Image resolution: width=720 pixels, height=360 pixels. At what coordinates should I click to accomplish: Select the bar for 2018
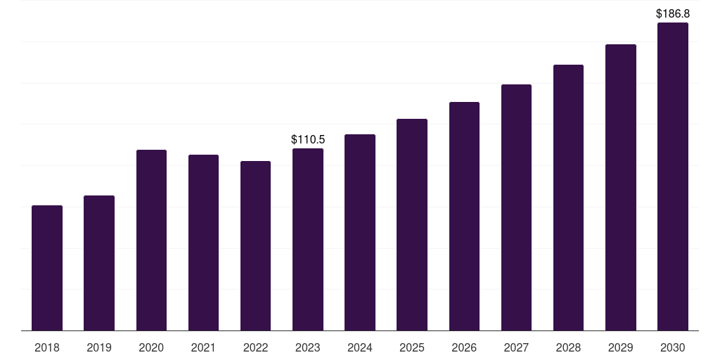coord(47,268)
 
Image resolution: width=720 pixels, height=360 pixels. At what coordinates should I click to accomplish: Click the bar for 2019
coord(99,263)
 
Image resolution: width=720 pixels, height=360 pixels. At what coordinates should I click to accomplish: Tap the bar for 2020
coord(152,240)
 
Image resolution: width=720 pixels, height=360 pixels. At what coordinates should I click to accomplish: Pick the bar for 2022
coord(255,246)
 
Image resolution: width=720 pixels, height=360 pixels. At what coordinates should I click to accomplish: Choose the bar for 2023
coord(308,240)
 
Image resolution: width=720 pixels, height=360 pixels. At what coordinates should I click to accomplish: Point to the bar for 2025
coord(412,225)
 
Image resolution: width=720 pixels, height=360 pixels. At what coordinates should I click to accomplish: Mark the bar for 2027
coord(516,207)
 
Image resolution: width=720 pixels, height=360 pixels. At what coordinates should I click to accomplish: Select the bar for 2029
coord(621,187)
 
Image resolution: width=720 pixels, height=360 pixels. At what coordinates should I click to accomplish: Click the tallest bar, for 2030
coord(673,176)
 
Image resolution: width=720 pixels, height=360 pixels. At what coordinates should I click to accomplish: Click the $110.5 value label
coord(308,140)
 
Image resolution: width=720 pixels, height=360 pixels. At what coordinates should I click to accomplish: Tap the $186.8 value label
coord(673,14)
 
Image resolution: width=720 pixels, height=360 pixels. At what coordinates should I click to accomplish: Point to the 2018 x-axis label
coord(47,347)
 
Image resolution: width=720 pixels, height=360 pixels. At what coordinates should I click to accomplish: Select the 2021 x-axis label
coord(203,347)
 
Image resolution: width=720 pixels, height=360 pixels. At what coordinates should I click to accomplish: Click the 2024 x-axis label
coord(360,347)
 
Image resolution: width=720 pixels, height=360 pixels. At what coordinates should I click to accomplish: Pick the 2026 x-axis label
coord(464,347)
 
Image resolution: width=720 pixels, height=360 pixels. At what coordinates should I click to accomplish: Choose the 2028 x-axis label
coord(568,347)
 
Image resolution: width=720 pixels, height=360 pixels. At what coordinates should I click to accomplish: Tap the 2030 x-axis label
coord(673,347)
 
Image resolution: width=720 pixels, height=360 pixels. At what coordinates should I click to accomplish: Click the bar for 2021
coord(203,243)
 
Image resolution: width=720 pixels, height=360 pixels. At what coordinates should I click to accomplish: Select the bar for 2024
coord(360,232)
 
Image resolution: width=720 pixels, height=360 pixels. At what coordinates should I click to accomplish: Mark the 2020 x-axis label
coord(152,347)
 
